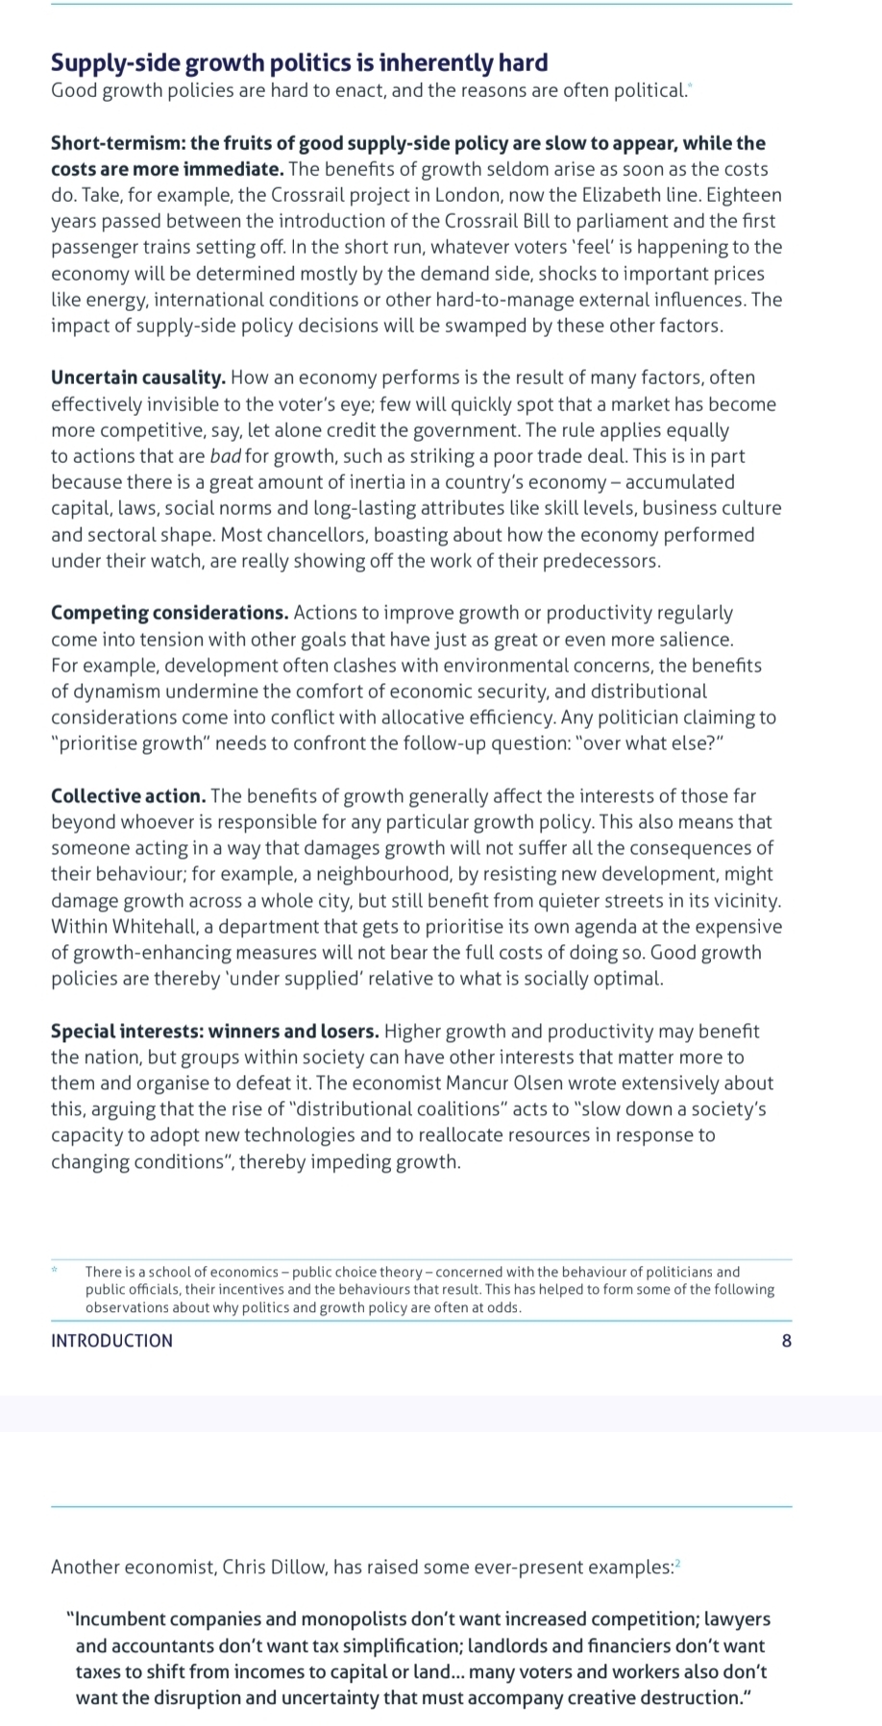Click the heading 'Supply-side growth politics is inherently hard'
299,63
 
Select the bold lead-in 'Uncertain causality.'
138,377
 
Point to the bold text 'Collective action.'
128,796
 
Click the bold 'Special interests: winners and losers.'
214,1032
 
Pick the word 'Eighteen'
746,195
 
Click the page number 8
787,1341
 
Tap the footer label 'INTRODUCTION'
111,1341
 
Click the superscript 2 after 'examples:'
676,1564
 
